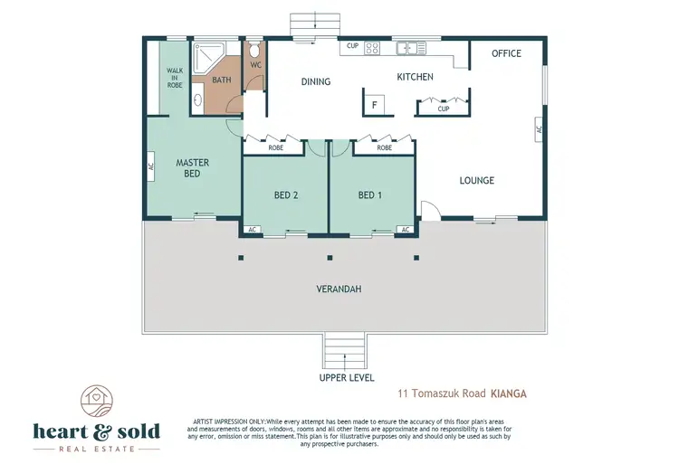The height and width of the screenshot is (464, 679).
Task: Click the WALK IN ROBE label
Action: [174, 78]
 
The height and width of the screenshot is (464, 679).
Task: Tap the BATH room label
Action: [221, 80]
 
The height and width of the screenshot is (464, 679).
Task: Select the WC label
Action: [255, 65]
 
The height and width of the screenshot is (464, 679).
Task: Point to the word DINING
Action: [315, 82]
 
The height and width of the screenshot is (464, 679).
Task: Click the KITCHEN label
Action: [415, 78]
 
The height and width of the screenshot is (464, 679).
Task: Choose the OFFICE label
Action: [506, 53]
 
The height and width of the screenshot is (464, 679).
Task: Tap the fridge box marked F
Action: [373, 105]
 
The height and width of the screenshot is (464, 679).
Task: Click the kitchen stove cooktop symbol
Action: [371, 47]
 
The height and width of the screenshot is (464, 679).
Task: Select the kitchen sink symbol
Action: [409, 46]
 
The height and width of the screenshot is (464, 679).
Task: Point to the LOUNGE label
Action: [476, 181]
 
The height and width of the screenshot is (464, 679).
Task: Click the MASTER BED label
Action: [192, 168]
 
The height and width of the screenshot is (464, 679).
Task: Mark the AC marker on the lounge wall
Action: [539, 129]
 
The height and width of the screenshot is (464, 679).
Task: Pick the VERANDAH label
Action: [339, 289]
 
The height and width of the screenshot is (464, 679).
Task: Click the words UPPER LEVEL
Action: [347, 378]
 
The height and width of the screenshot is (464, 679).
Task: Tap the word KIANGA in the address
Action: [508, 394]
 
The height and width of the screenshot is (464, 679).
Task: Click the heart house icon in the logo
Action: [95, 397]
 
